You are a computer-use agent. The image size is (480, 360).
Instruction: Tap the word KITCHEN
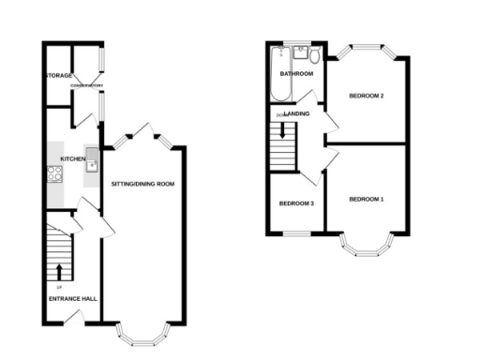tap(73, 159)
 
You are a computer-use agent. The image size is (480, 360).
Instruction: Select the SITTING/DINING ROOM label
tap(142, 184)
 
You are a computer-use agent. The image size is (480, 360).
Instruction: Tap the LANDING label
tap(298, 114)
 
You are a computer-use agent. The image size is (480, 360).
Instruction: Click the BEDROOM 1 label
tap(367, 199)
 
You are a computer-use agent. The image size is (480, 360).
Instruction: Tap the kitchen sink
tap(91, 160)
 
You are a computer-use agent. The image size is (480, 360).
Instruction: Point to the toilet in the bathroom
tap(315, 55)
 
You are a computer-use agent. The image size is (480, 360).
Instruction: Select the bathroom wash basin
tap(300, 53)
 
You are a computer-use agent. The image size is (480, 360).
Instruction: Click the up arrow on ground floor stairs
tap(59, 273)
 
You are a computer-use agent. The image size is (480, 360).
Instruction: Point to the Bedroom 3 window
tap(296, 232)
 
